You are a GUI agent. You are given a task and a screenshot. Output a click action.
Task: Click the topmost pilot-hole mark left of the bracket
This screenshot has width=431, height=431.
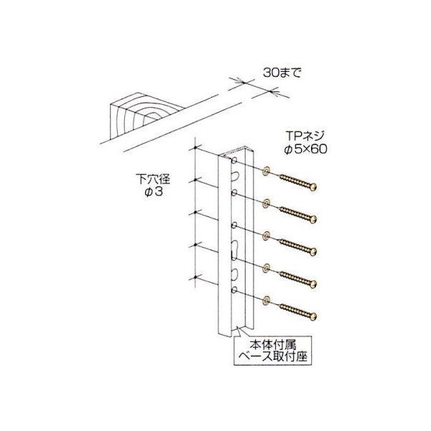click(195, 149)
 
